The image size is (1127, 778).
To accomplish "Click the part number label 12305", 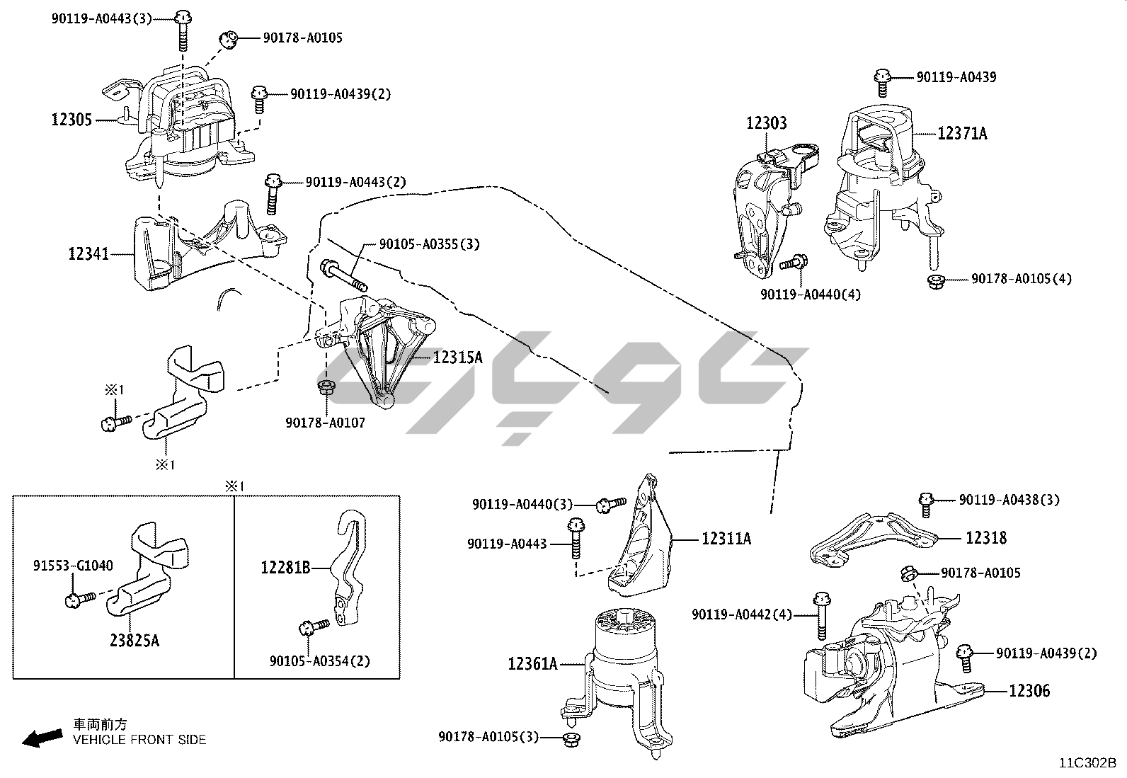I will click(71, 120).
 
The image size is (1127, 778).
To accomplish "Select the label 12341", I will click(88, 253).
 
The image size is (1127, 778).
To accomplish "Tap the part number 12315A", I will click(457, 357).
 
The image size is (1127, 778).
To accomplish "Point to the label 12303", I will click(766, 123).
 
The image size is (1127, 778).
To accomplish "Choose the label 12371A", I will click(962, 133).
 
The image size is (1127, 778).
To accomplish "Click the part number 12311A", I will click(726, 539).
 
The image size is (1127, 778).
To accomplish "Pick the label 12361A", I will click(532, 663).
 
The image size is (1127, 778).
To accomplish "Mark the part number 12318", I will click(986, 538).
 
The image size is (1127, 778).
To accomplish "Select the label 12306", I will click(1029, 690).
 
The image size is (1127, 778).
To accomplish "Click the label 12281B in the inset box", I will click(285, 567).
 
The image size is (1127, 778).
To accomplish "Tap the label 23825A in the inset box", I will click(135, 641).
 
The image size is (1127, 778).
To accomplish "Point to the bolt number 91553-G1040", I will click(73, 566).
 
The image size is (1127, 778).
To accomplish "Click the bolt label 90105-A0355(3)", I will click(429, 244).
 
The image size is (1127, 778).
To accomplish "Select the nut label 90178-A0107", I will click(326, 423).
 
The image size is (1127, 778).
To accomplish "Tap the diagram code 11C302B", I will click(1087, 763).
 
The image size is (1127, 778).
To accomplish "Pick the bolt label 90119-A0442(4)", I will click(742, 614).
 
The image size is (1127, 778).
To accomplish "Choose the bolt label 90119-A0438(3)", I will click(1009, 500).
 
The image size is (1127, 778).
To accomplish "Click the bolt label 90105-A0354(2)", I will click(319, 661).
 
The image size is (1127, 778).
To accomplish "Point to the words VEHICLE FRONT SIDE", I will click(139, 740).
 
